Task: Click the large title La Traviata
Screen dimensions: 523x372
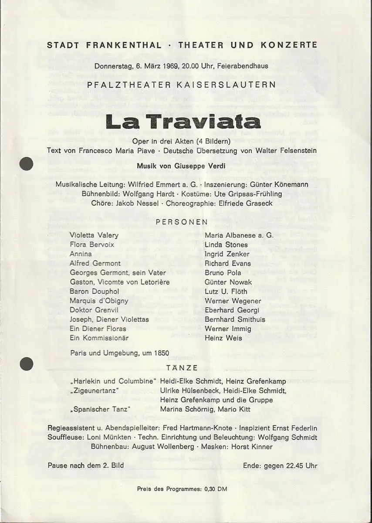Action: point(183,122)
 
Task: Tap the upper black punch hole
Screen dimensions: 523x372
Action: point(27,164)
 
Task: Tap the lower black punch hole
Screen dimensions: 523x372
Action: point(27,363)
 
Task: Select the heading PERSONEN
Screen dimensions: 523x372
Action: point(182,222)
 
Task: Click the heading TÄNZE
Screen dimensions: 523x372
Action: point(182,368)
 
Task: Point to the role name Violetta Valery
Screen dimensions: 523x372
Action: point(94,235)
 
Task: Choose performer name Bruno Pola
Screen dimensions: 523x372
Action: point(223,273)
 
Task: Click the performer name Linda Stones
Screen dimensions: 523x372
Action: point(226,245)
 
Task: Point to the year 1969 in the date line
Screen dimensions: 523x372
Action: point(161,67)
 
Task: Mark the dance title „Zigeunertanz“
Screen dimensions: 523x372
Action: point(95,391)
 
